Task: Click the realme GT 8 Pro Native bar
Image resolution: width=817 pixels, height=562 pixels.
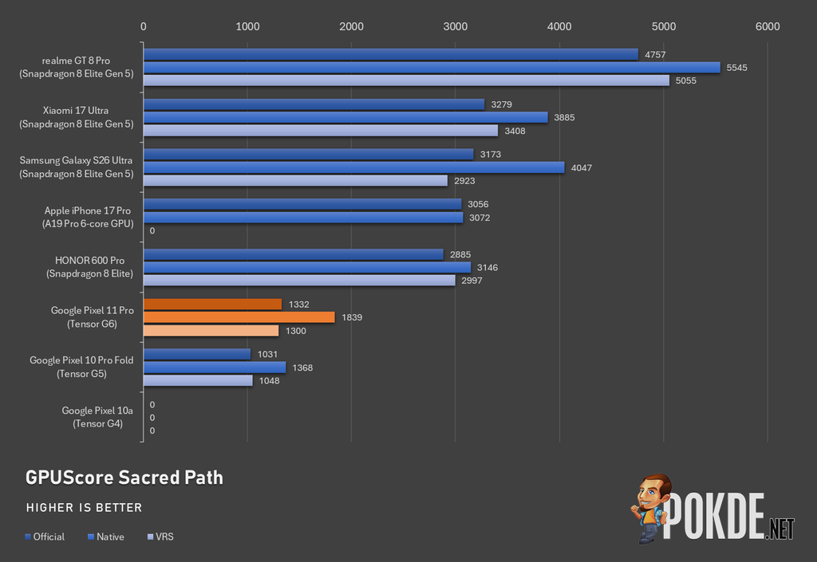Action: tap(432, 68)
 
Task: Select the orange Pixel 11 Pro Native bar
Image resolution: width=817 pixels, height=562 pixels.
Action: tap(239, 317)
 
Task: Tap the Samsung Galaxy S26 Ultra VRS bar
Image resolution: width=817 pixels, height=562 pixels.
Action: tap(295, 181)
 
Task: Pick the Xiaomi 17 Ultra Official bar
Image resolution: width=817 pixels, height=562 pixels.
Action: tap(314, 104)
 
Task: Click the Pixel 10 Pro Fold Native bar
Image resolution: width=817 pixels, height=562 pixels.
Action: tap(215, 367)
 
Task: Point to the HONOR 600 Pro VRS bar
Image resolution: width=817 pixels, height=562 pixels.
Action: tap(300, 281)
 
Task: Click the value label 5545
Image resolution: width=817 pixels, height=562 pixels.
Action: tap(736, 68)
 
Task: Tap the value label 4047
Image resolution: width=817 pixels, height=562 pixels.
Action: tap(582, 167)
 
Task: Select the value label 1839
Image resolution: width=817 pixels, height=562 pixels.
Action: tap(352, 317)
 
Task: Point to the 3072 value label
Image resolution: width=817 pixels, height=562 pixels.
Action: tap(480, 218)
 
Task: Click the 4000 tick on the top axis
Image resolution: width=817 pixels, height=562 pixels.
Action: tap(559, 26)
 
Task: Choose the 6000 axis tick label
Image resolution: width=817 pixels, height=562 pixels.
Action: tap(768, 26)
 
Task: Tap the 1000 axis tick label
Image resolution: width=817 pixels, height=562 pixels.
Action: tap(247, 26)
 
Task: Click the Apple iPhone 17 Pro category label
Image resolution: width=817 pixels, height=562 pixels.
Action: tap(88, 217)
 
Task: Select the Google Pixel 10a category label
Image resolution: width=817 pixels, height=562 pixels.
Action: tap(97, 417)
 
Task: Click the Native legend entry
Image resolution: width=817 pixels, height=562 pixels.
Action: tap(106, 536)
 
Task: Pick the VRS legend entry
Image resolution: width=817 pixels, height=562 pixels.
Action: tap(160, 536)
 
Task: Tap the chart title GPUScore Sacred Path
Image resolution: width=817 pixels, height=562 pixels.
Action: tap(124, 478)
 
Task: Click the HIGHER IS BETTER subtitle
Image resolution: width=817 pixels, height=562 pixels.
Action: tap(84, 507)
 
